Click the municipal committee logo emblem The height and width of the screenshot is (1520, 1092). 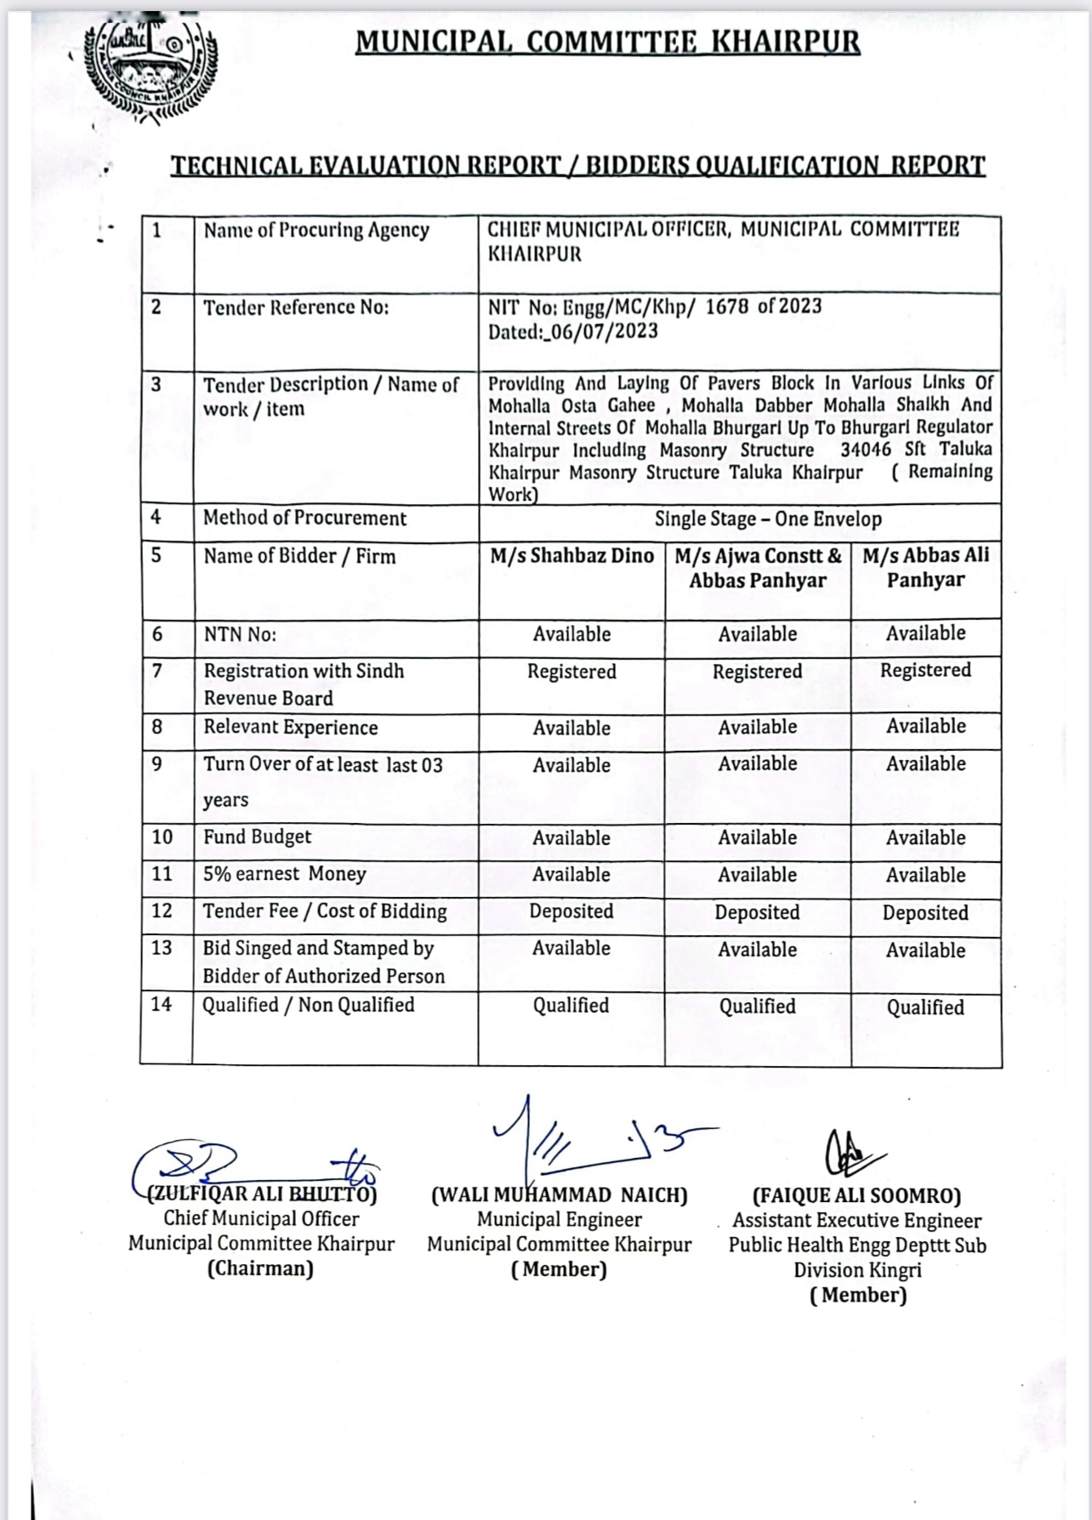pyautogui.click(x=151, y=70)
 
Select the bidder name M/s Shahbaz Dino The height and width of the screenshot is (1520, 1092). pyautogui.click(x=572, y=556)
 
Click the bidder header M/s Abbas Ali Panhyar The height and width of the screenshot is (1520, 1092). pyautogui.click(x=925, y=568)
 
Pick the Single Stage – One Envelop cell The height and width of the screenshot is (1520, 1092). pyautogui.click(x=767, y=519)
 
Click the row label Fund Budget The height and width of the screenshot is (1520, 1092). pyautogui.click(x=257, y=837)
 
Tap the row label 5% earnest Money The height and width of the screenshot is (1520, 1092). pyautogui.click(x=284, y=874)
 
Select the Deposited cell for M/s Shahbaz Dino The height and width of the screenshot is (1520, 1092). pyautogui.click(x=571, y=911)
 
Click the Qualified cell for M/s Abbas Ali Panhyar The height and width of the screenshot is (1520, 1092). pyautogui.click(x=925, y=1007)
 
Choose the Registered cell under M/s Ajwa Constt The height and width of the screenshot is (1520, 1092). pyautogui.click(x=757, y=672)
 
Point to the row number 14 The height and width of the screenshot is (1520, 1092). pyautogui.click(x=162, y=1004)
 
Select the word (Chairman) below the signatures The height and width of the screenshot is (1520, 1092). pyautogui.click(x=260, y=1268)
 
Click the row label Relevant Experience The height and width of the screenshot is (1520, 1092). pyautogui.click(x=290, y=728)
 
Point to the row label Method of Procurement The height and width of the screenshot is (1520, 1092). pyautogui.click(x=304, y=519)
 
